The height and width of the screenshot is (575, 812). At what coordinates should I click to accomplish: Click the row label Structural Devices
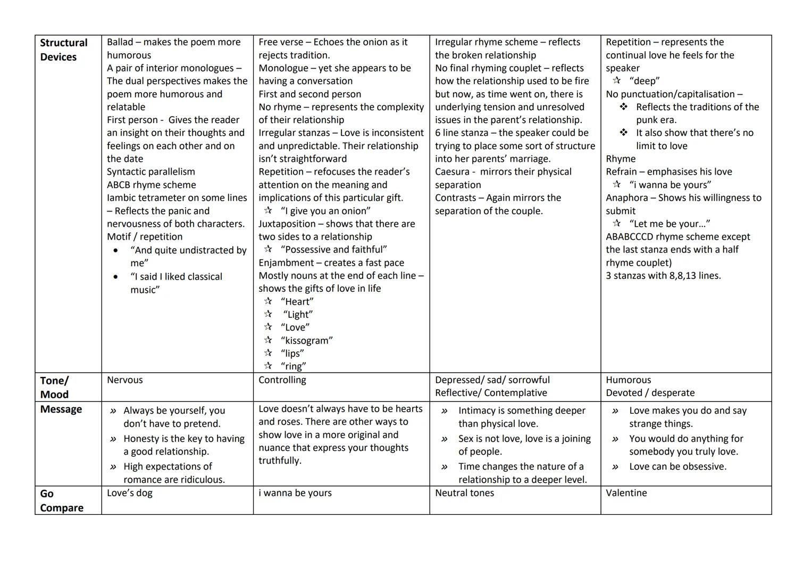pos(63,50)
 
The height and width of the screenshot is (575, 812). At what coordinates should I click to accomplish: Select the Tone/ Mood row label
pos(54,387)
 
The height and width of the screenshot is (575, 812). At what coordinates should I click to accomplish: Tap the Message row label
pos(61,409)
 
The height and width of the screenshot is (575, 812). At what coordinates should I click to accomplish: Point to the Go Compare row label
pos(61,500)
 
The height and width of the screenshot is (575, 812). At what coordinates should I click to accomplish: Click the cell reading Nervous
pos(125,380)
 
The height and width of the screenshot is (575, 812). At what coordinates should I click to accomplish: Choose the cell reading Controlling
pos(282,380)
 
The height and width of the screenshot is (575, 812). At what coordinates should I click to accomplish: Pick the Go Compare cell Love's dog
pos(130,492)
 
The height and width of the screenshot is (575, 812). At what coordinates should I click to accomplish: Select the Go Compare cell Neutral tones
pos(464,492)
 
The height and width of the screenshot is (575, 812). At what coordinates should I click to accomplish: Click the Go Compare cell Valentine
pos(626,492)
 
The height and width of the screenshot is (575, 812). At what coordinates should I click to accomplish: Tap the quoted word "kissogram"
pos(307,340)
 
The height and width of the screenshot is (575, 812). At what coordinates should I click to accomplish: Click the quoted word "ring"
pos(294,366)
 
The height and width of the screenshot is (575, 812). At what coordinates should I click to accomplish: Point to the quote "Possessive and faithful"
pos(334,249)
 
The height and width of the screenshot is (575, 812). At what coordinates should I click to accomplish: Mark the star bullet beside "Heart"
pos(269,301)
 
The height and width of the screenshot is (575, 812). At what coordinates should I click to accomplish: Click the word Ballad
pos(120,42)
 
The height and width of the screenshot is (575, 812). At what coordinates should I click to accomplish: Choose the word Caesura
pos(452,171)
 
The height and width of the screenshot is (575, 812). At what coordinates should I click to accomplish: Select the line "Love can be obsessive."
pos(677,466)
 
